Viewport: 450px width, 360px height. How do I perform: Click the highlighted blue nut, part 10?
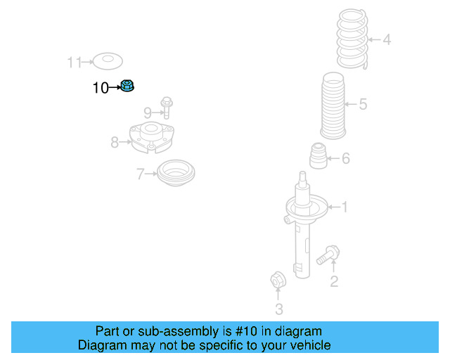(x=127, y=86)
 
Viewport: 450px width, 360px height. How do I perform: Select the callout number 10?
(x=101, y=88)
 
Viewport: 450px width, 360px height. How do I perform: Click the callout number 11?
(x=75, y=63)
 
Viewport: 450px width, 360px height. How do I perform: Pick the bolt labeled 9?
(x=167, y=108)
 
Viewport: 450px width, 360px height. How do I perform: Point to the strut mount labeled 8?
(x=151, y=138)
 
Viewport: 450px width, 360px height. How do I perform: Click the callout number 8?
(x=115, y=143)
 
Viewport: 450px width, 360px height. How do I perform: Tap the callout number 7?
(x=141, y=173)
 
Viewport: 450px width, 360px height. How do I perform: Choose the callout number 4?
(x=387, y=40)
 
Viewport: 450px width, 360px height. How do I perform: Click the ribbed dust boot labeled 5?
(x=336, y=105)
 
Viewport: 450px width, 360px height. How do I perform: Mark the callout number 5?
(x=363, y=105)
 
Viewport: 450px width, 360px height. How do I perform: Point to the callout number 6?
(x=345, y=159)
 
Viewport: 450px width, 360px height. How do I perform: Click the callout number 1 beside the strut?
(x=345, y=207)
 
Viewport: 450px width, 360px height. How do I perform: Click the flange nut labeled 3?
(x=278, y=281)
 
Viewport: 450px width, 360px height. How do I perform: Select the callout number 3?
(x=278, y=309)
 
